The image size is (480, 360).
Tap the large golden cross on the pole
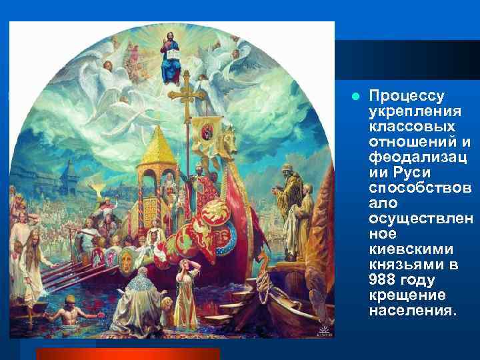[x=187, y=95]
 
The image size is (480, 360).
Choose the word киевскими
[x=407, y=248]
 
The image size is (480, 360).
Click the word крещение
[x=403, y=294]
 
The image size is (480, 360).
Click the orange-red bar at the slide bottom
[x=127, y=353]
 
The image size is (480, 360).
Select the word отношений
[x=403, y=141]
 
